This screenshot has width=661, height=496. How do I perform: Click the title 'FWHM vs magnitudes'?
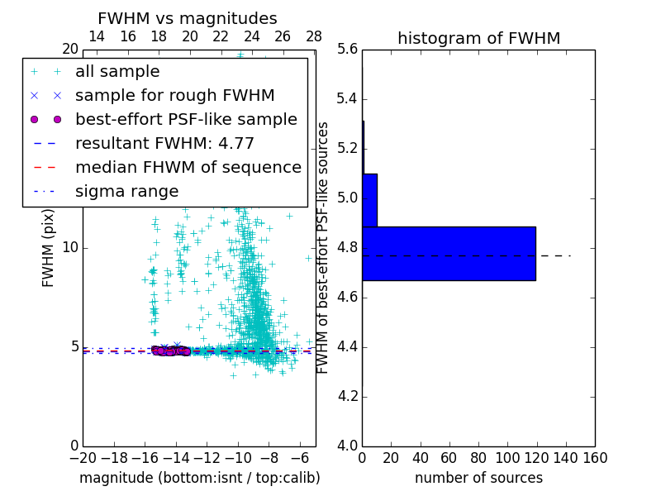point(188,19)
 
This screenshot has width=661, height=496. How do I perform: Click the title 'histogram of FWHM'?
point(478,38)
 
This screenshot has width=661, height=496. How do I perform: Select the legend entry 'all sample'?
point(117,72)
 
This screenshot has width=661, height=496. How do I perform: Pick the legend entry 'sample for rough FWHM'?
point(174,95)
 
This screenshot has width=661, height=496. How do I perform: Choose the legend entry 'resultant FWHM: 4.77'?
point(164,143)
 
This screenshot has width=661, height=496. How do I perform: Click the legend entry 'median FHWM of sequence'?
point(188,167)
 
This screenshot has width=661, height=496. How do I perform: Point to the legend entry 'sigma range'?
point(126,191)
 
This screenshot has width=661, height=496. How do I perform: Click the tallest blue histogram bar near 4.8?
point(449,253)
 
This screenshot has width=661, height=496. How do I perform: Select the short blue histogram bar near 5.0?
point(369,199)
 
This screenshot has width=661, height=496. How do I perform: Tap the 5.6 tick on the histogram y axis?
point(348,50)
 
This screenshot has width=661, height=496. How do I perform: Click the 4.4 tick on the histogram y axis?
point(348,346)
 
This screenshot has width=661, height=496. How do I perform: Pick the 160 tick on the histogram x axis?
point(595,458)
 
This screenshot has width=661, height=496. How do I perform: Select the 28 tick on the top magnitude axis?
point(314,36)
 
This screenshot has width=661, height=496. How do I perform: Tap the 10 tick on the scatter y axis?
point(69,248)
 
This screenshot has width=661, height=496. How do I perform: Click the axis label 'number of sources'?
point(478,478)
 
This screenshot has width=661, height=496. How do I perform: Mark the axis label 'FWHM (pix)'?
point(49,248)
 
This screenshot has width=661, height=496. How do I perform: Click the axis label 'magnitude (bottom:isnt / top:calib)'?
point(199,478)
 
